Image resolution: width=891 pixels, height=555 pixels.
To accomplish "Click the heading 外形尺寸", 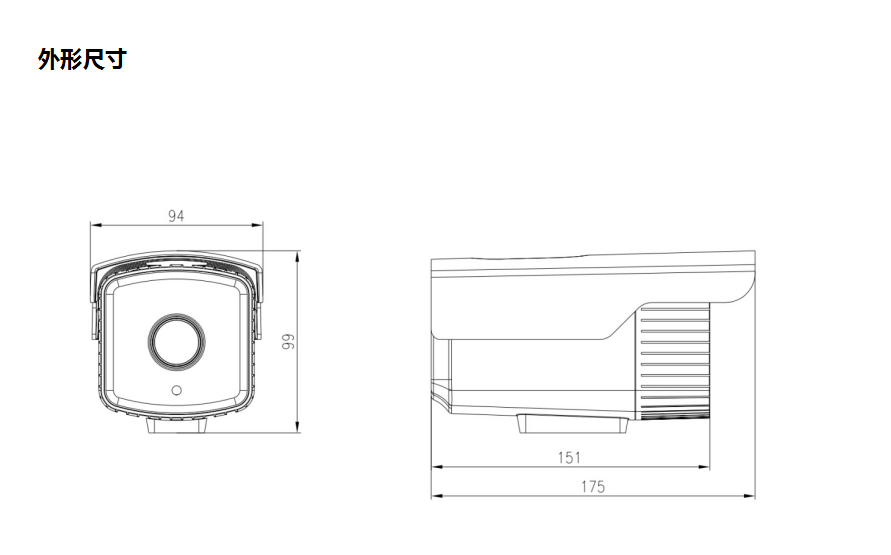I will [x=82, y=60].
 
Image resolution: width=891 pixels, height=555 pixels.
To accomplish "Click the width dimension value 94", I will [x=176, y=215].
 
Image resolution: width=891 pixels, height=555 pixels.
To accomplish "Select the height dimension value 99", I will [x=287, y=342].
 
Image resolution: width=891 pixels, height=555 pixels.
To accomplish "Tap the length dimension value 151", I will [x=569, y=457].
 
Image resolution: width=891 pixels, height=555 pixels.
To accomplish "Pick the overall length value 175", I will [x=592, y=487].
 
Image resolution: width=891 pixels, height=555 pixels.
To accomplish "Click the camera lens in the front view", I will [x=177, y=340].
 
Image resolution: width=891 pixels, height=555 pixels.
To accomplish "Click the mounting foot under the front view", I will [x=178, y=425].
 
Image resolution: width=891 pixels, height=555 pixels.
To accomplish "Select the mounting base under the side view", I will [x=572, y=424].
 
